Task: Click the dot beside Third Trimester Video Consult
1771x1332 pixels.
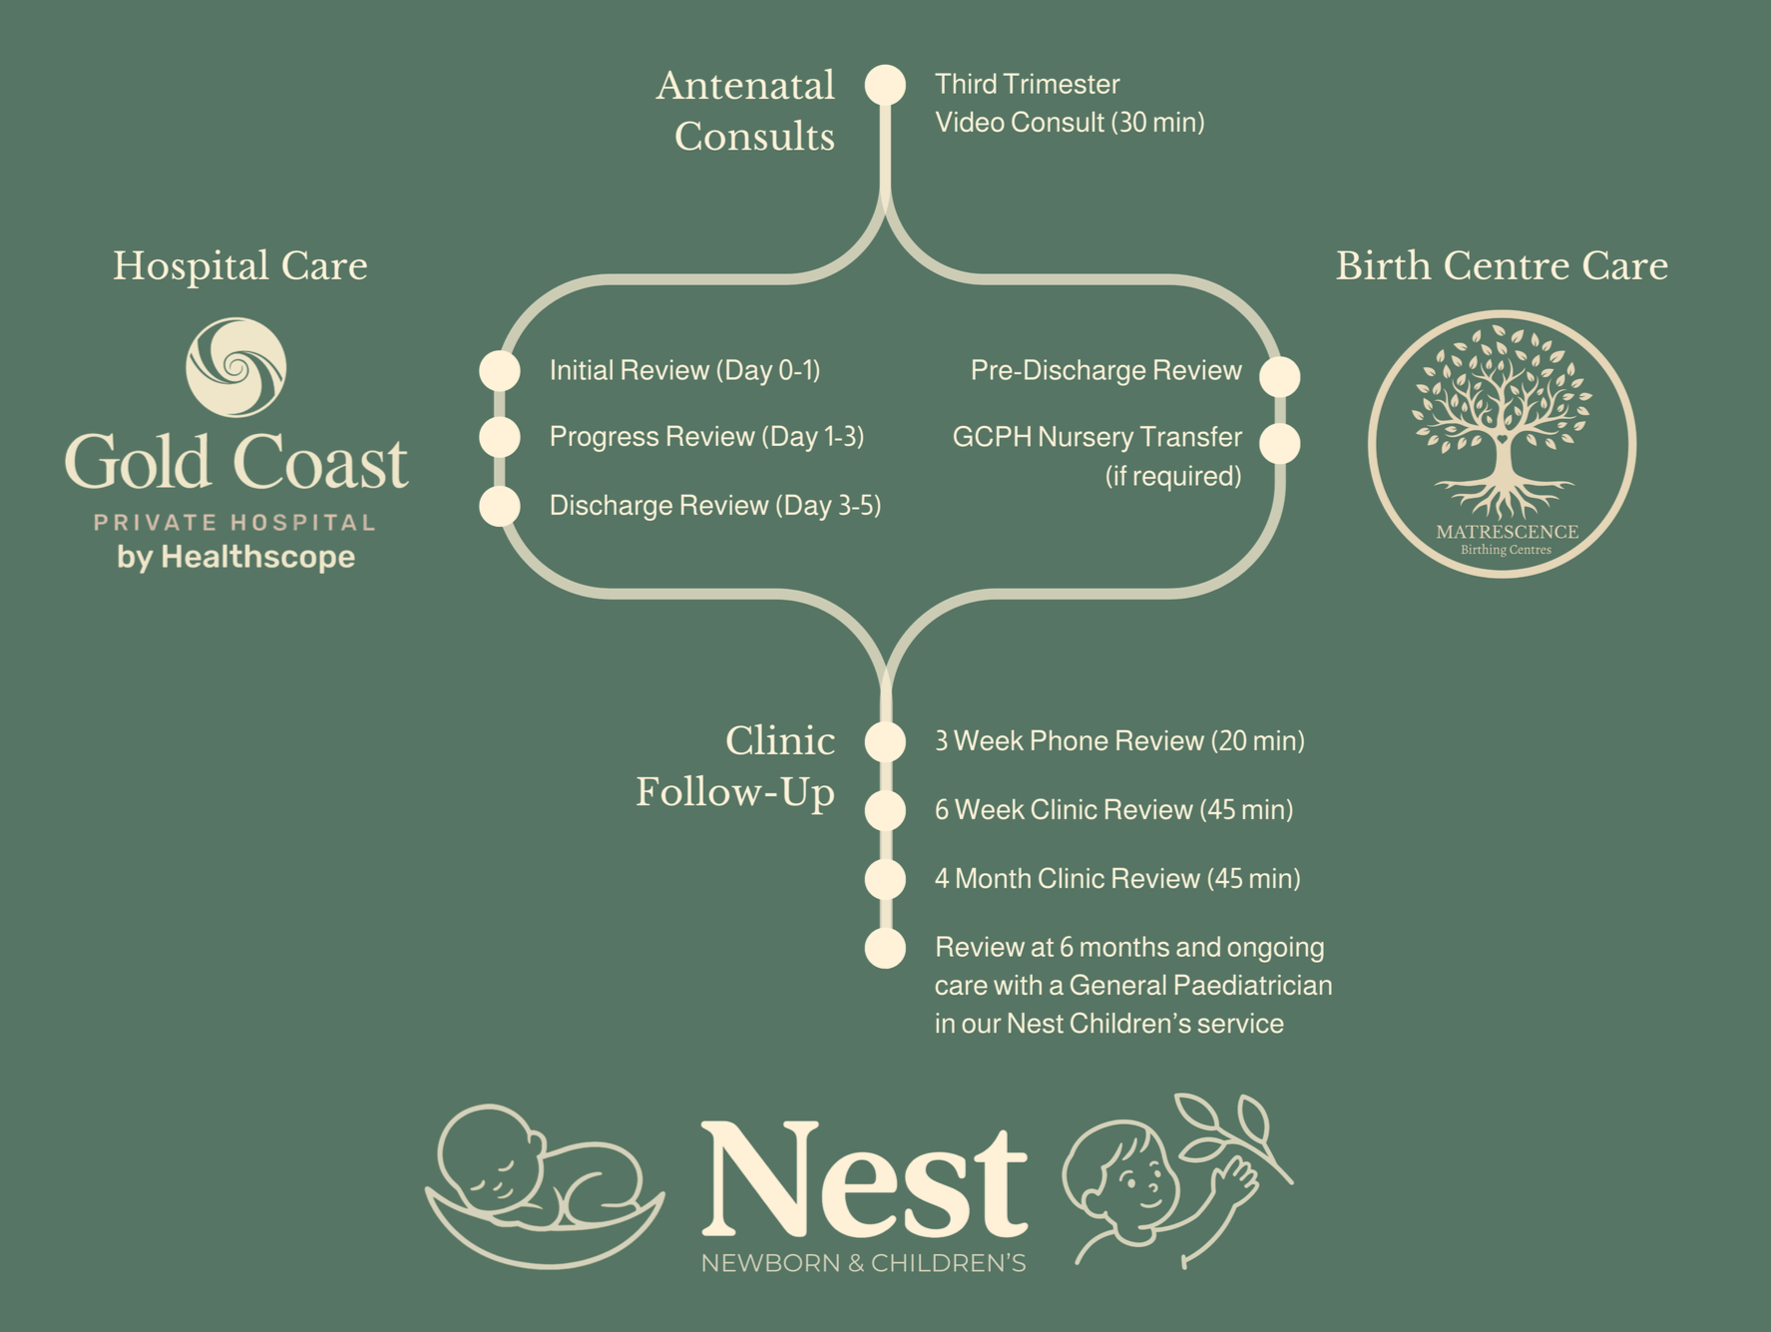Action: (885, 85)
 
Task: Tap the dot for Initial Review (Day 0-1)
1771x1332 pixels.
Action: (500, 370)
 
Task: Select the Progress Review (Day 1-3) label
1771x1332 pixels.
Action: (706, 437)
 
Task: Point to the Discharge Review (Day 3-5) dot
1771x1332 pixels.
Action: (500, 506)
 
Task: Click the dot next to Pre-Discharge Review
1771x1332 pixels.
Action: (1279, 376)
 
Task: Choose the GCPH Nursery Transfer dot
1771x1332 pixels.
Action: (1279, 443)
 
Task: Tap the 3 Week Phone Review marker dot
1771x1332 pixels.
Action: (885, 741)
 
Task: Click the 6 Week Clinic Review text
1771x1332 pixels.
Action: (1113, 809)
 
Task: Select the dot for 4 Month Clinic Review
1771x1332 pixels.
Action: (885, 879)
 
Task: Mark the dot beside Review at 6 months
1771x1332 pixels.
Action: (885, 948)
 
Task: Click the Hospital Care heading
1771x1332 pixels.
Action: (239, 266)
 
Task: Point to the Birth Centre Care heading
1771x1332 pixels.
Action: (1502, 266)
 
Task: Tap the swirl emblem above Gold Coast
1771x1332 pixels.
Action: (236, 367)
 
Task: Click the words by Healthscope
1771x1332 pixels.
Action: (235, 557)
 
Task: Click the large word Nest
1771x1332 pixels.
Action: (864, 1179)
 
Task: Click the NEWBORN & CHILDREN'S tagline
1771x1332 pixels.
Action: (864, 1263)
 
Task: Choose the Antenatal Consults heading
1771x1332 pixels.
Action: (745, 111)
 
